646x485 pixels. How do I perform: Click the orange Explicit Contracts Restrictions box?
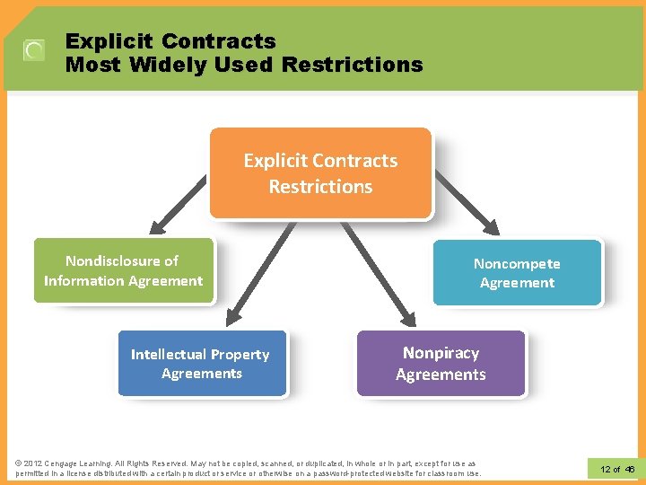(x=320, y=172)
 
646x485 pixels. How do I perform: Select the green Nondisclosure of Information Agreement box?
(x=124, y=270)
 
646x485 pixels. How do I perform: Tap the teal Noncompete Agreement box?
(x=517, y=273)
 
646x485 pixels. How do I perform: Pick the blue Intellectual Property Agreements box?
(x=202, y=364)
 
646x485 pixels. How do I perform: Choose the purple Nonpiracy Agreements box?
(x=441, y=364)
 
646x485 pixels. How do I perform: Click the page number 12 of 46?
(x=617, y=470)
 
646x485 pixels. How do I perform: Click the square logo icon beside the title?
(x=34, y=50)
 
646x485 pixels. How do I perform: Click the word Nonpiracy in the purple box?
(x=441, y=353)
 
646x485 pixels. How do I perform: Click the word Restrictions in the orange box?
(x=320, y=187)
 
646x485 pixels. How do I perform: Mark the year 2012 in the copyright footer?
(x=32, y=463)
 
